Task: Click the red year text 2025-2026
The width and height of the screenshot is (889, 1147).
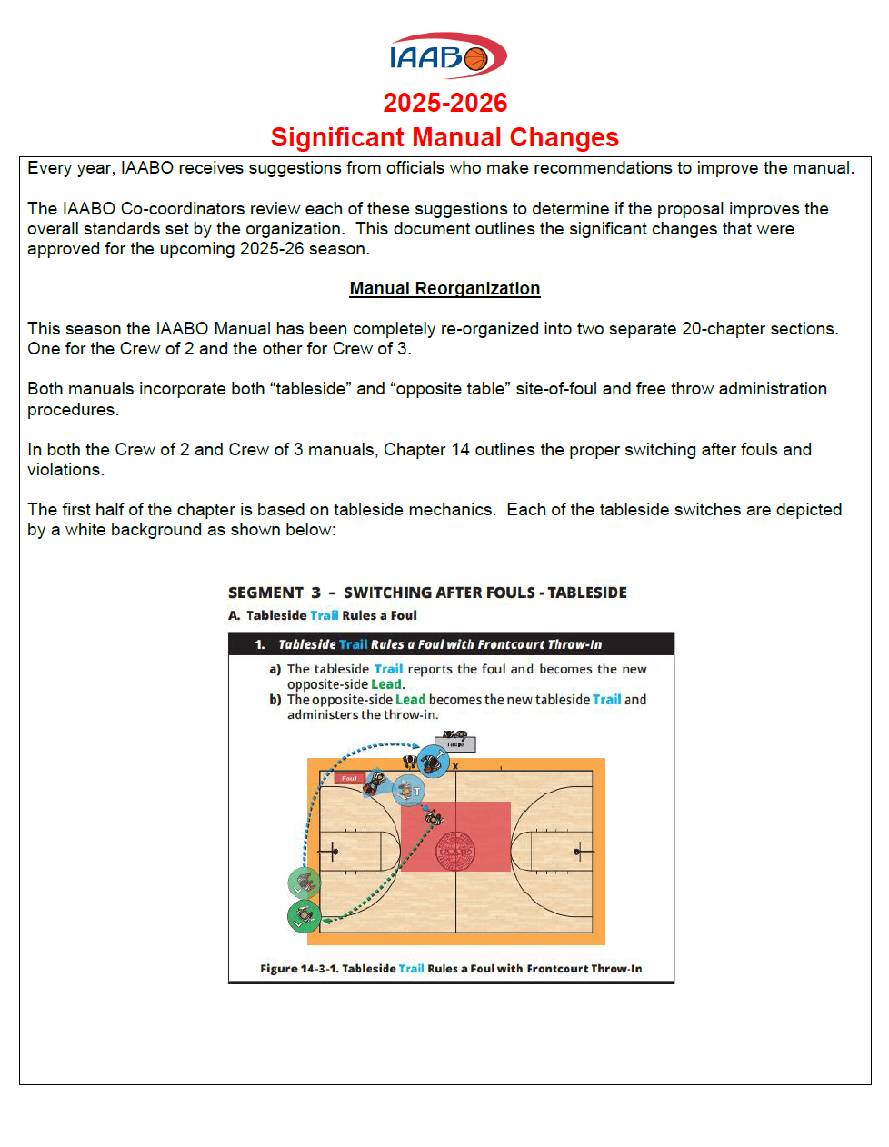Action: click(444, 103)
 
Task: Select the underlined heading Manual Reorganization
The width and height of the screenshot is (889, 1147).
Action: click(444, 288)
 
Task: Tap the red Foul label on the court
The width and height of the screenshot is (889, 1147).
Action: click(349, 778)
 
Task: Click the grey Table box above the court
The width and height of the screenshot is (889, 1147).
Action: click(455, 744)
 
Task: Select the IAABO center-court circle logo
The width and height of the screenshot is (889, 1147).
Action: click(455, 852)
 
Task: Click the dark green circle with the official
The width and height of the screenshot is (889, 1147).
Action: click(304, 916)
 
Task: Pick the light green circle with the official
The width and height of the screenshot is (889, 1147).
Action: click(304, 882)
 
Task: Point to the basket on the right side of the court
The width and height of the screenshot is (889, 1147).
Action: click(578, 852)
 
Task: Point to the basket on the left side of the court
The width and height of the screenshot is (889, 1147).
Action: click(333, 852)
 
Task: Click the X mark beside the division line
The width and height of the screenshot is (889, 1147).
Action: click(455, 766)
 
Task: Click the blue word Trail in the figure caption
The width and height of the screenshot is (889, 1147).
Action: click(411, 969)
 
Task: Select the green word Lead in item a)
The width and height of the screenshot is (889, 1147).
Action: click(385, 684)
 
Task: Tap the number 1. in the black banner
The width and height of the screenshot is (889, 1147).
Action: click(260, 644)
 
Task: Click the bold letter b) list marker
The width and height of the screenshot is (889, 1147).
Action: click(275, 700)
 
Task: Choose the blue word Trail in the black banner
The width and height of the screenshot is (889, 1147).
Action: click(353, 644)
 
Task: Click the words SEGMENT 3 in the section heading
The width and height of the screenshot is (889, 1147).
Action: click(275, 593)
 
